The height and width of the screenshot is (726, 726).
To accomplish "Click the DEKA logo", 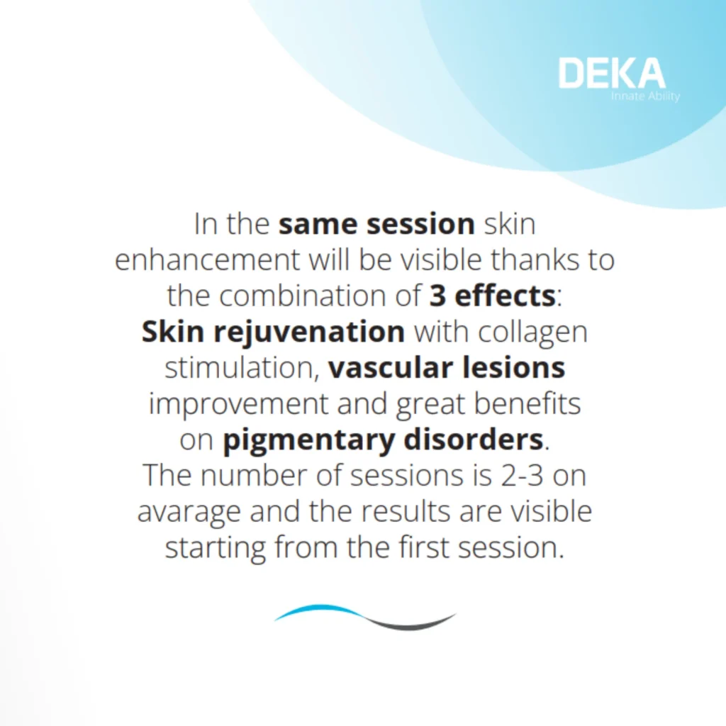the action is (x=612, y=73).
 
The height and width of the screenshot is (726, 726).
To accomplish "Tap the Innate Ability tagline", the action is (x=645, y=96).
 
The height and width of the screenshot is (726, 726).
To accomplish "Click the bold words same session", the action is (x=376, y=224).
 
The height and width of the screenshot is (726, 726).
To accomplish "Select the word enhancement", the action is (x=207, y=259).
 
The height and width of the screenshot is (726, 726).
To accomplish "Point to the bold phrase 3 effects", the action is (x=493, y=296).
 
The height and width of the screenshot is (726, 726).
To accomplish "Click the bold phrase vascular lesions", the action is (x=447, y=368).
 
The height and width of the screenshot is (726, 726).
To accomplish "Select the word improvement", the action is (x=238, y=405).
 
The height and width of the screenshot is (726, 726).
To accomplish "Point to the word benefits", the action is (x=527, y=403).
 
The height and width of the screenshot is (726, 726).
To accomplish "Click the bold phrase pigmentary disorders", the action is (x=383, y=441).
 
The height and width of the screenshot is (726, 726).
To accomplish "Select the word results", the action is (x=405, y=512).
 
